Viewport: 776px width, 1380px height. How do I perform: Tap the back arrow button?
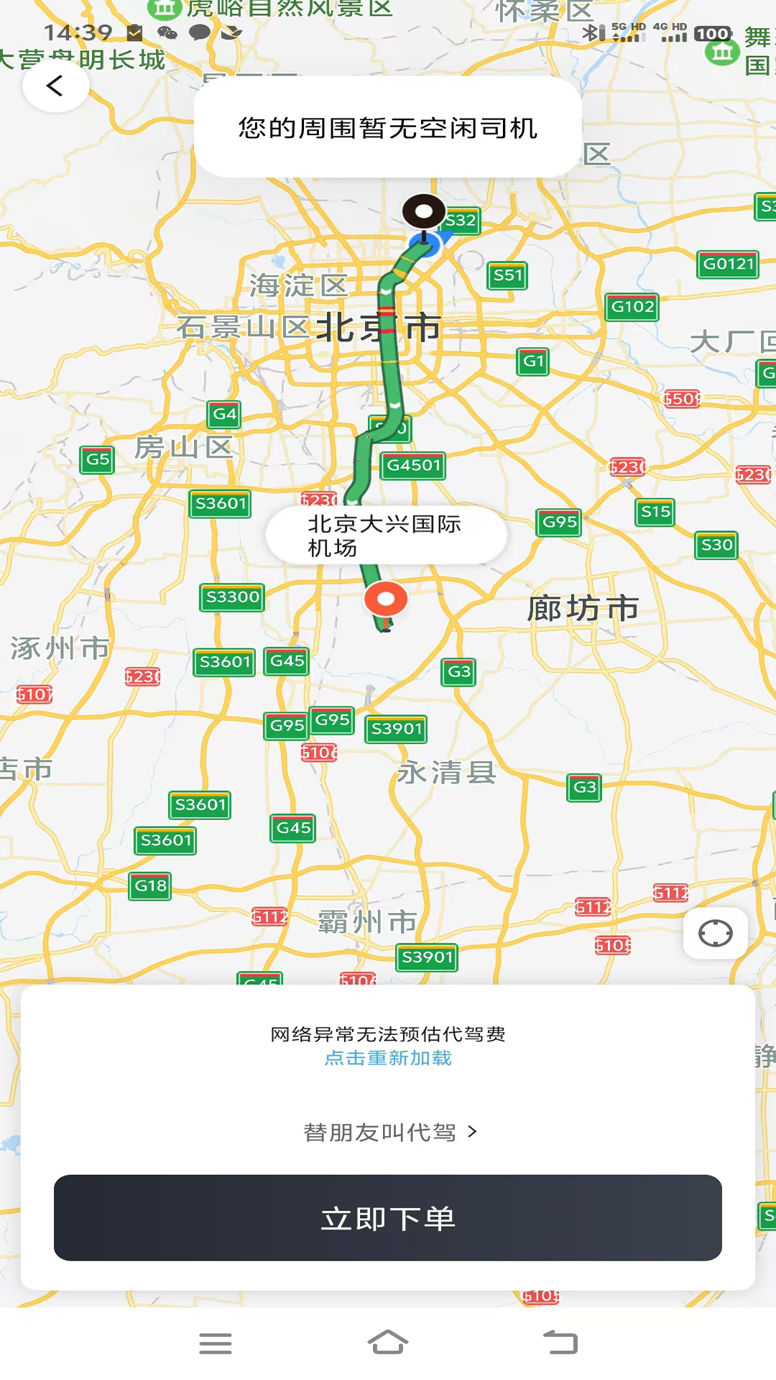tap(55, 86)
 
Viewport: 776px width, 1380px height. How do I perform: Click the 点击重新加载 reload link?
tap(388, 1058)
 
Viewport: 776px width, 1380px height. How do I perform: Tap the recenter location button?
tap(715, 934)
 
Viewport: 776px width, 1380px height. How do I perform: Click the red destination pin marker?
tap(386, 599)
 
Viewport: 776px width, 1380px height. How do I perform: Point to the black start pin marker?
tap(423, 212)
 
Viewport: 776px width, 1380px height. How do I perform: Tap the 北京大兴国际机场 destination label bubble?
tap(386, 535)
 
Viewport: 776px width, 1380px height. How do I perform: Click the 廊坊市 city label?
tap(583, 609)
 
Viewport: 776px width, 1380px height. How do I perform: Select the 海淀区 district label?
tap(298, 285)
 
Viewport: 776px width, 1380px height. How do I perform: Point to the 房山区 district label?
tap(184, 447)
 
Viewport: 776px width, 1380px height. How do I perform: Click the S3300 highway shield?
tap(232, 597)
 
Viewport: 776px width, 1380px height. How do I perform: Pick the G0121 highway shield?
tap(728, 264)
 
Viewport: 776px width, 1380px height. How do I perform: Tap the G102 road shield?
tap(632, 307)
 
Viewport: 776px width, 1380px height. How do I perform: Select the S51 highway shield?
tap(507, 275)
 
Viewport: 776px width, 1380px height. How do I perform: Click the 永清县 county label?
tap(446, 773)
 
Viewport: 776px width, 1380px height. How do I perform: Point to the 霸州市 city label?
tap(367, 921)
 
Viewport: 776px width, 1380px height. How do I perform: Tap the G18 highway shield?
tap(151, 885)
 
